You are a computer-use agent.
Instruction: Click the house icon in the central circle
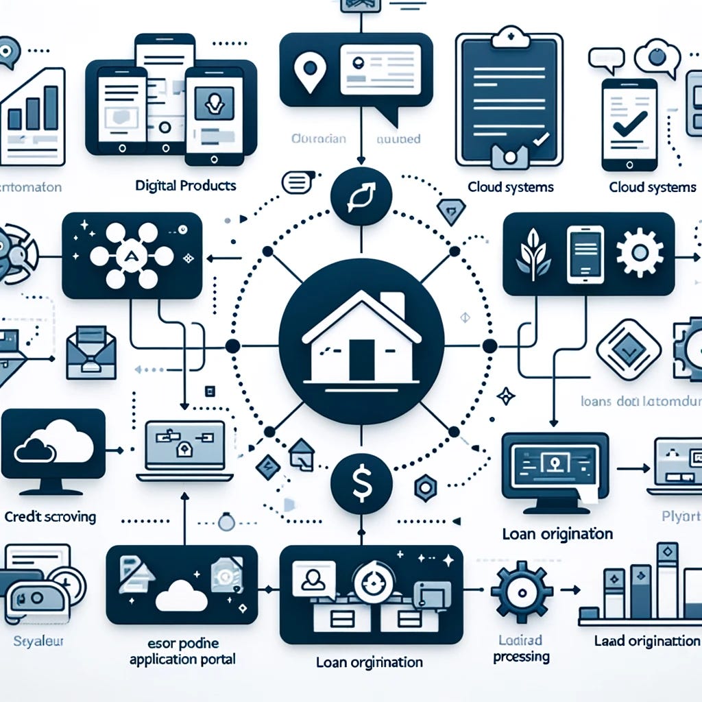361,339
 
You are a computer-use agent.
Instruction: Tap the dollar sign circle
361,482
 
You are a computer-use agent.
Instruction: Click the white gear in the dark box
639,252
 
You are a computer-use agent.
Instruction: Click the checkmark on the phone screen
629,123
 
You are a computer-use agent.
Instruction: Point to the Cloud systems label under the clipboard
511,186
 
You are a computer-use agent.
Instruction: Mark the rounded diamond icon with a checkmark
627,349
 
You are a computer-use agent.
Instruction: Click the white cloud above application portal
182,596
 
